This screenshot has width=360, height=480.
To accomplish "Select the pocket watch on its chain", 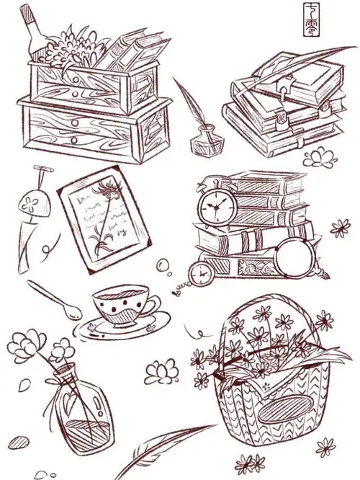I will coord(199,272).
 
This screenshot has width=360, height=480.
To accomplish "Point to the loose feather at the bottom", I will coord(162,451).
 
